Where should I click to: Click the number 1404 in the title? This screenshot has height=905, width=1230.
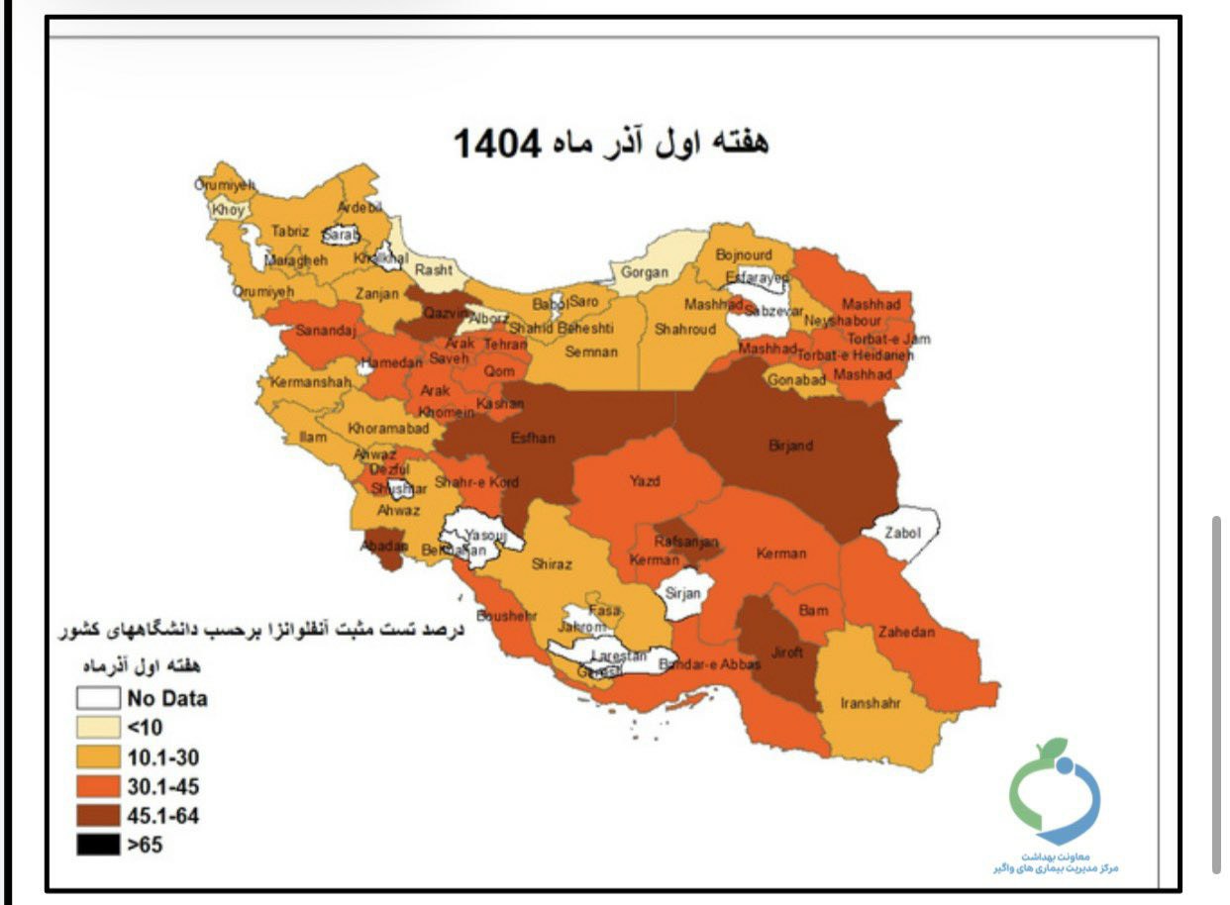[497, 145]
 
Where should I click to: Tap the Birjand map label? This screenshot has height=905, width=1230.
[790, 446]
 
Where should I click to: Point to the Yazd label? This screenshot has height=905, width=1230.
[645, 481]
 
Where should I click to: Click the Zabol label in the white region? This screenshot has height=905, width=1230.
[902, 533]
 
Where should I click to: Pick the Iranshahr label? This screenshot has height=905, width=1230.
[870, 703]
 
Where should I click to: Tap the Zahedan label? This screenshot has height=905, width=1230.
[905, 632]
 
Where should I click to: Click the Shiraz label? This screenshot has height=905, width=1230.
[552, 563]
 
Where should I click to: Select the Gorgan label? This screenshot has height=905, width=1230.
[645, 271]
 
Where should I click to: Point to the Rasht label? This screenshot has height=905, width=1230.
[434, 269]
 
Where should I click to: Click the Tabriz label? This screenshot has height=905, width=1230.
[290, 230]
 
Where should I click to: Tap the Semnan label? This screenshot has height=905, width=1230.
[591, 352]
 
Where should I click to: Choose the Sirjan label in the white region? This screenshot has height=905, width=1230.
[682, 593]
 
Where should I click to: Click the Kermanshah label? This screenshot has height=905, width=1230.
[311, 381]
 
